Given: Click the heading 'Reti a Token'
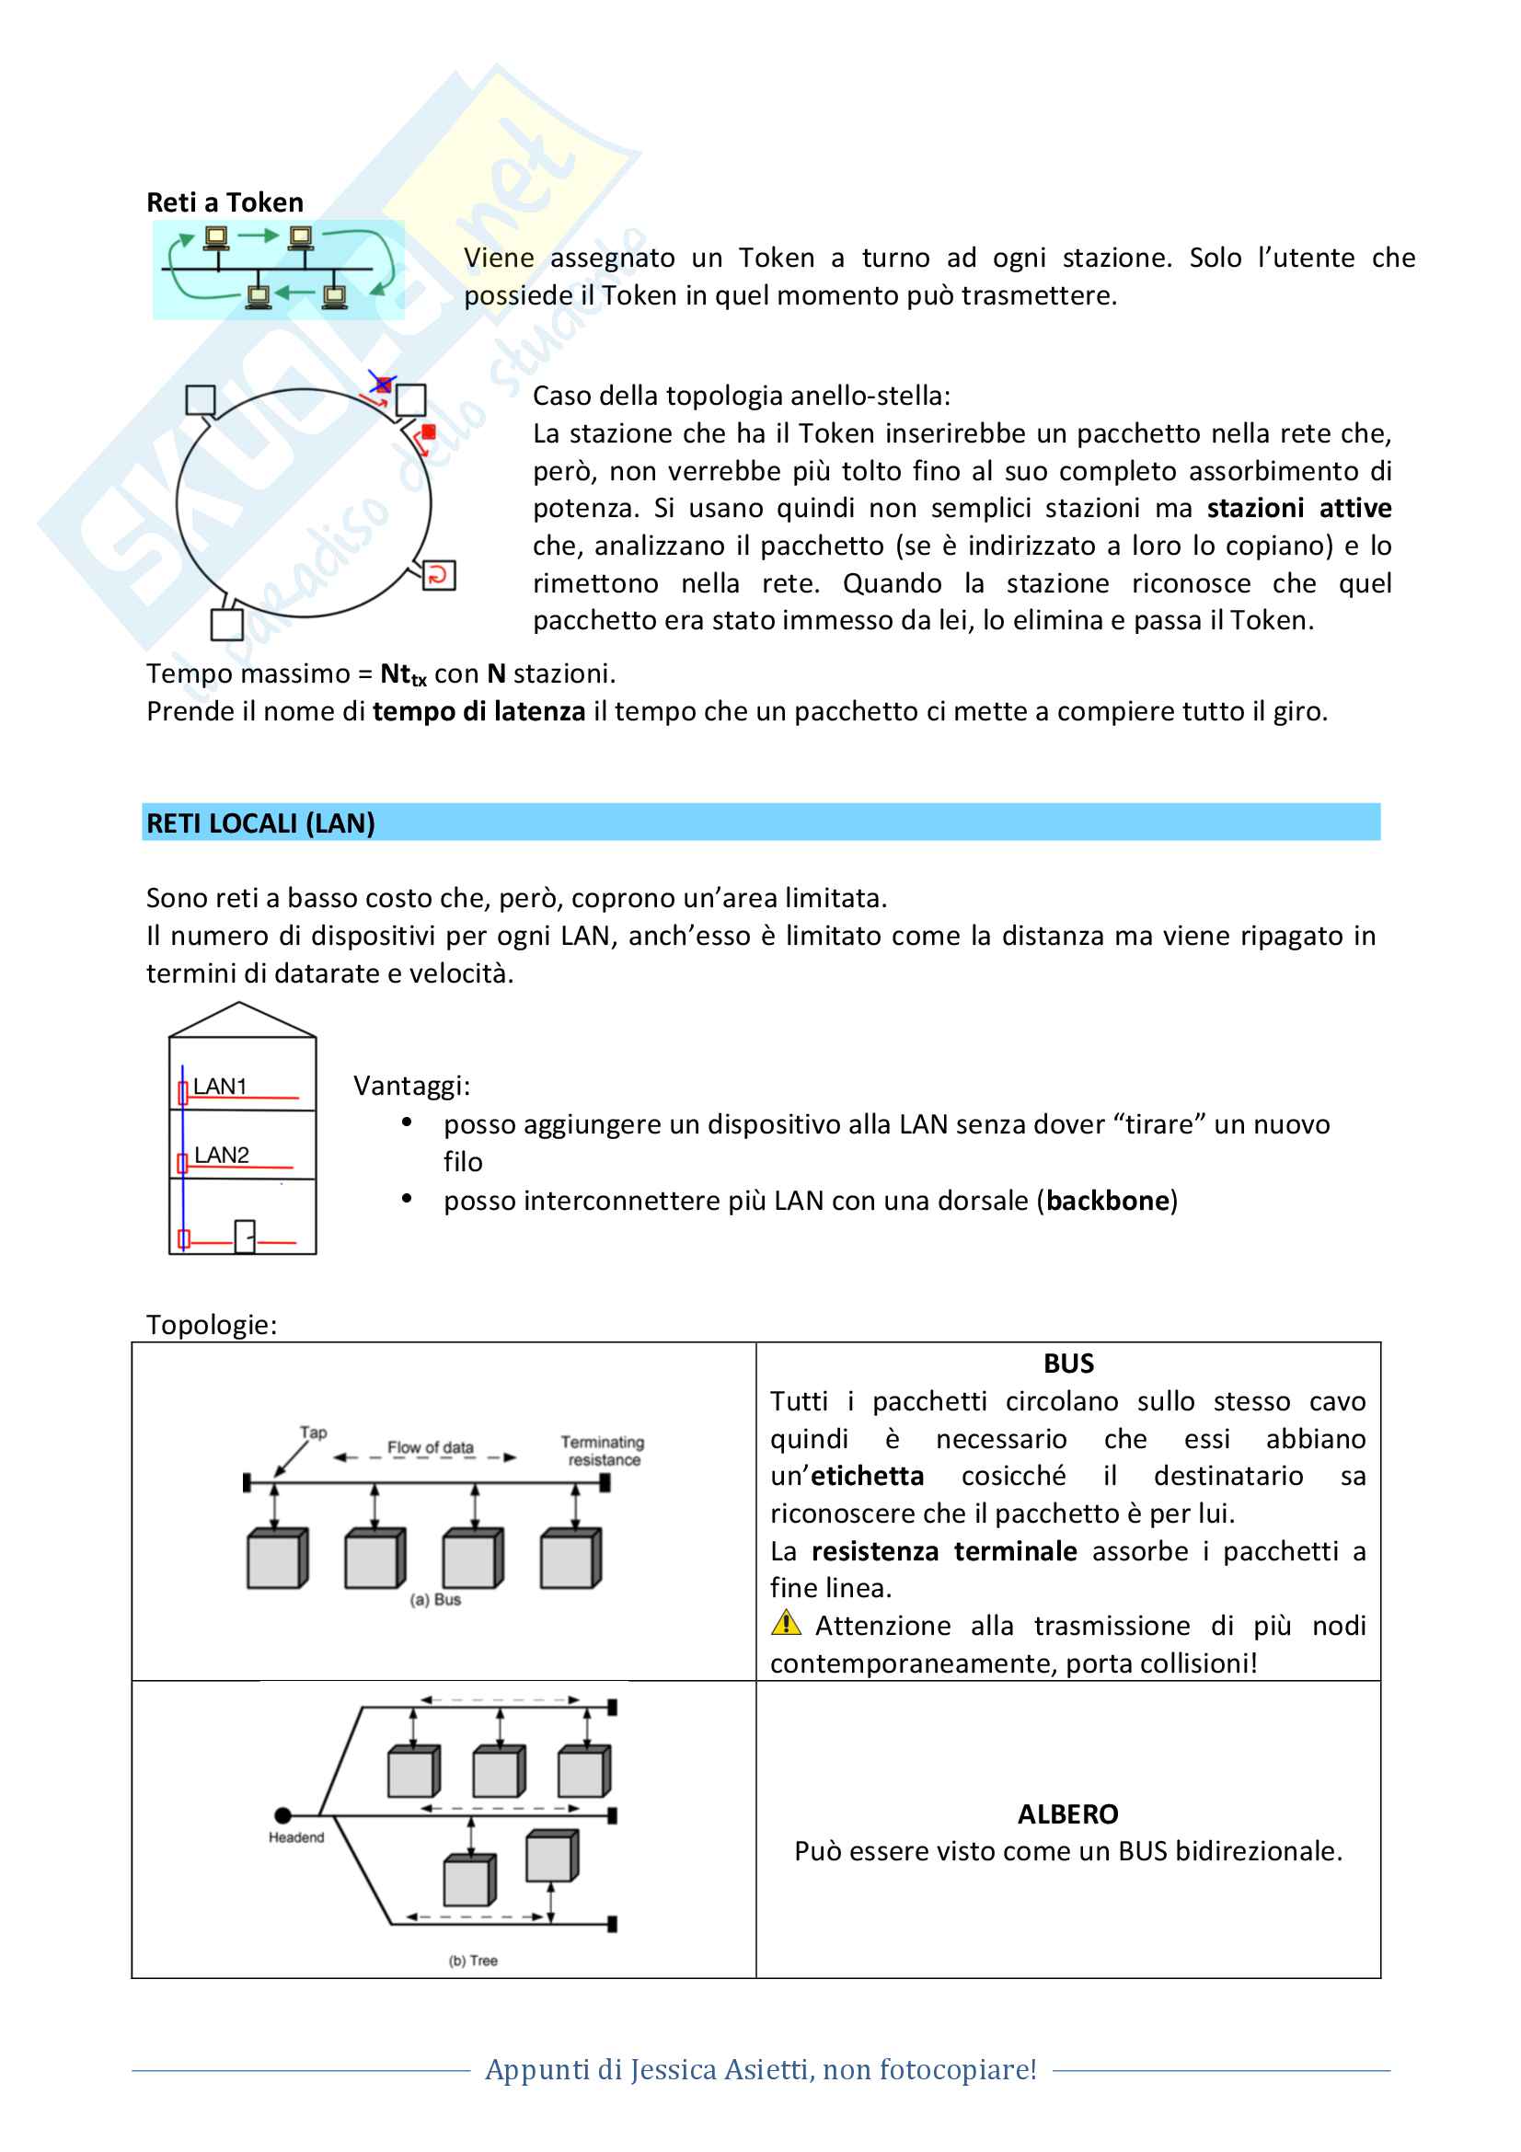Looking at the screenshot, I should [225, 202].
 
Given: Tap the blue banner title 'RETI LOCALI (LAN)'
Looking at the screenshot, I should [260, 823].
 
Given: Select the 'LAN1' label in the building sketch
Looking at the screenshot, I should [219, 1087].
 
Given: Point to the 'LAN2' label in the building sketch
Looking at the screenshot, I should [221, 1155].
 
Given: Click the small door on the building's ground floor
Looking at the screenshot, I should [245, 1237].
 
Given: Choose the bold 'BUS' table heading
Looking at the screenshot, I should [1068, 1364].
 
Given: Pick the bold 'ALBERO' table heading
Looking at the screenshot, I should [1067, 1813].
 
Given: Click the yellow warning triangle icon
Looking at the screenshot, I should [785, 1622].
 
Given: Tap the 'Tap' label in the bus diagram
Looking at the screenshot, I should [313, 1433].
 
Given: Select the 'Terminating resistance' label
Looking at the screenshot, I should [603, 1450].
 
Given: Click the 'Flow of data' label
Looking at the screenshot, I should [430, 1447].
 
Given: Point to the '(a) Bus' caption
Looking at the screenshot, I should [435, 1599].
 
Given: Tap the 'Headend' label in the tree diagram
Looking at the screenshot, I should [296, 1837].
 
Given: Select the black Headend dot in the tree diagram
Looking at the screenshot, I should [283, 1815].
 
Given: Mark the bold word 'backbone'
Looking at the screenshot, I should [1108, 1201].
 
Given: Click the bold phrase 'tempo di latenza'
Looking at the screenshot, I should [478, 711].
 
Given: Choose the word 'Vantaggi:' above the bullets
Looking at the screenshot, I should [411, 1086].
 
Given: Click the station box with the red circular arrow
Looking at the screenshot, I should [439, 574].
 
